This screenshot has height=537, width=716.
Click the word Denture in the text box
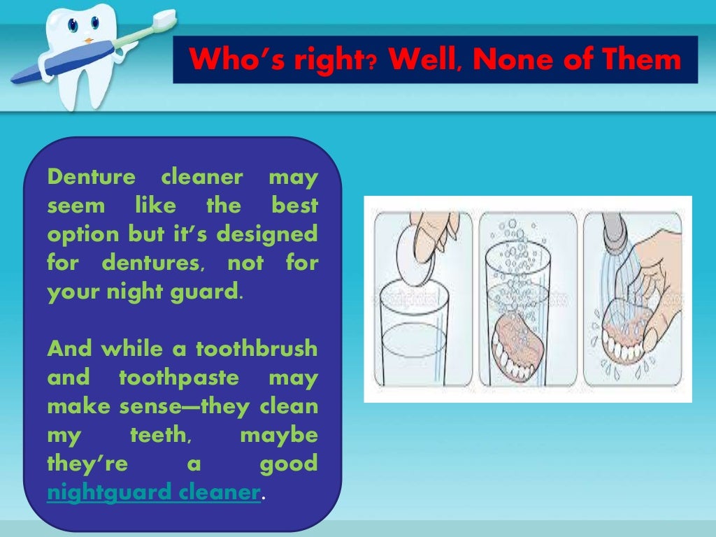(x=91, y=178)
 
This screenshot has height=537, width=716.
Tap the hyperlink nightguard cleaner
(x=154, y=492)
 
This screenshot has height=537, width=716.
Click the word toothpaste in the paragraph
(x=179, y=378)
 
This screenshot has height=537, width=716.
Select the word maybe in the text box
(x=278, y=436)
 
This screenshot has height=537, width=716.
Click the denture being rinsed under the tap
(x=629, y=339)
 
